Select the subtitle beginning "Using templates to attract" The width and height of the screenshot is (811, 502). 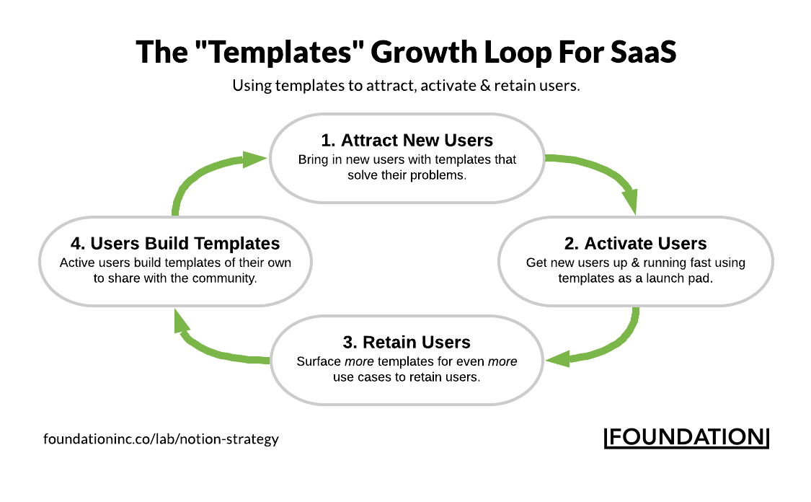pos(406,86)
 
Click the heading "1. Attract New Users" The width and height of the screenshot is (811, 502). pos(407,140)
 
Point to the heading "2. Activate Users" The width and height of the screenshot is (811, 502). pos(635,243)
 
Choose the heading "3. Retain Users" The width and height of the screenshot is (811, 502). pos(407,342)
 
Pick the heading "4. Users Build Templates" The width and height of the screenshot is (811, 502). pos(175,243)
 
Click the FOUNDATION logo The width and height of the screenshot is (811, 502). pos(686,437)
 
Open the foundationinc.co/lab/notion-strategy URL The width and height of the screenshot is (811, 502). pos(161,439)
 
